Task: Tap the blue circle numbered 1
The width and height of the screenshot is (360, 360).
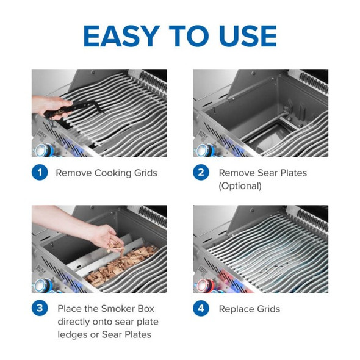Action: click(40, 173)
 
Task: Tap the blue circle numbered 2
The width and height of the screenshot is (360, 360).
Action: click(202, 173)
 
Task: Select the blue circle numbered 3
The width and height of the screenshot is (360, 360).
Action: click(40, 308)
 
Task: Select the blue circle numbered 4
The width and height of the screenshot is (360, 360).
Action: click(202, 308)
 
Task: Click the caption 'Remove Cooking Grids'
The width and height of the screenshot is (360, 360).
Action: click(106, 173)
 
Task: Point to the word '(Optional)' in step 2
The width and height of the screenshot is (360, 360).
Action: click(240, 186)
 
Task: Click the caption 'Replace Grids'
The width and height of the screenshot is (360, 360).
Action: click(249, 309)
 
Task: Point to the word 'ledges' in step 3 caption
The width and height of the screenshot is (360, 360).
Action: click(74, 334)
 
